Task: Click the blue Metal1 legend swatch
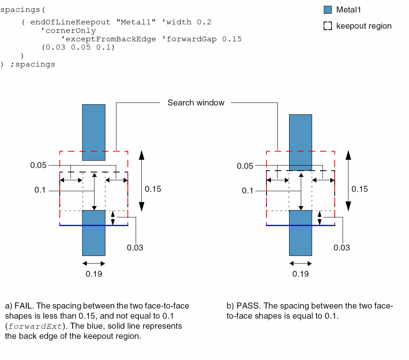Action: (328, 10)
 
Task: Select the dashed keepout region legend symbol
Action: (328, 26)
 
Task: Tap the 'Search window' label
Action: (196, 103)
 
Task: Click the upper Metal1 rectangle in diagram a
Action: (94, 132)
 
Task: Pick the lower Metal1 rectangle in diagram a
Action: (94, 233)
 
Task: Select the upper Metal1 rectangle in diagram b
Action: (300, 142)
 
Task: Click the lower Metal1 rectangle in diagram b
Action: (300, 233)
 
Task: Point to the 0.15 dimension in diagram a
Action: (153, 189)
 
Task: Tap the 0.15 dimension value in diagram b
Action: (360, 189)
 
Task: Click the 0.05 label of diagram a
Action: (39, 165)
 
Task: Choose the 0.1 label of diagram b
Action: (247, 190)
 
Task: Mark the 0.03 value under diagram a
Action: (135, 247)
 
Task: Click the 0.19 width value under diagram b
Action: (300, 274)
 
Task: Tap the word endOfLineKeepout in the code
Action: (70, 22)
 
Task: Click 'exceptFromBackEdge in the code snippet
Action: (111, 39)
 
